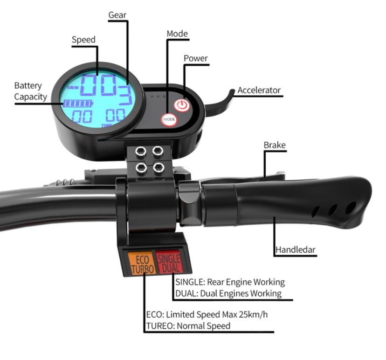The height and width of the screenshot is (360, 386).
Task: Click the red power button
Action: [182, 105]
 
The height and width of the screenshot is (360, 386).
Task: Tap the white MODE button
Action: [169, 119]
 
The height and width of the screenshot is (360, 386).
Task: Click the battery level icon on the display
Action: [78, 104]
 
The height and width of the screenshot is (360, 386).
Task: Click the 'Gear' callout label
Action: [117, 15]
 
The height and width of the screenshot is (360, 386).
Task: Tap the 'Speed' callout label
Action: [83, 40]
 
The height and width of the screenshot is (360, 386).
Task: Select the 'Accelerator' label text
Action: [259, 90]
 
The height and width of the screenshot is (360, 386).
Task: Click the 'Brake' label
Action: [275, 145]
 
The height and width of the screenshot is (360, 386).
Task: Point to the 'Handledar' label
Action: [296, 249]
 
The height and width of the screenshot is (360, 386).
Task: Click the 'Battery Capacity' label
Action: [30, 91]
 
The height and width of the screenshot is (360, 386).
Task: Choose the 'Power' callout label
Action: [196, 58]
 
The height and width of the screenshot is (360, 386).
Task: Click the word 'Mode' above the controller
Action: [177, 34]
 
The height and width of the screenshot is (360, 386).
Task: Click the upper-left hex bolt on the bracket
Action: [141, 151]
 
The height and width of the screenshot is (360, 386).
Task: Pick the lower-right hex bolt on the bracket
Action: [159, 168]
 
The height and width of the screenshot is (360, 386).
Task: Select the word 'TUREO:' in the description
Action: [160, 326]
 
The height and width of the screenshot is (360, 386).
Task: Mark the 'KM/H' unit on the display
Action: [73, 87]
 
